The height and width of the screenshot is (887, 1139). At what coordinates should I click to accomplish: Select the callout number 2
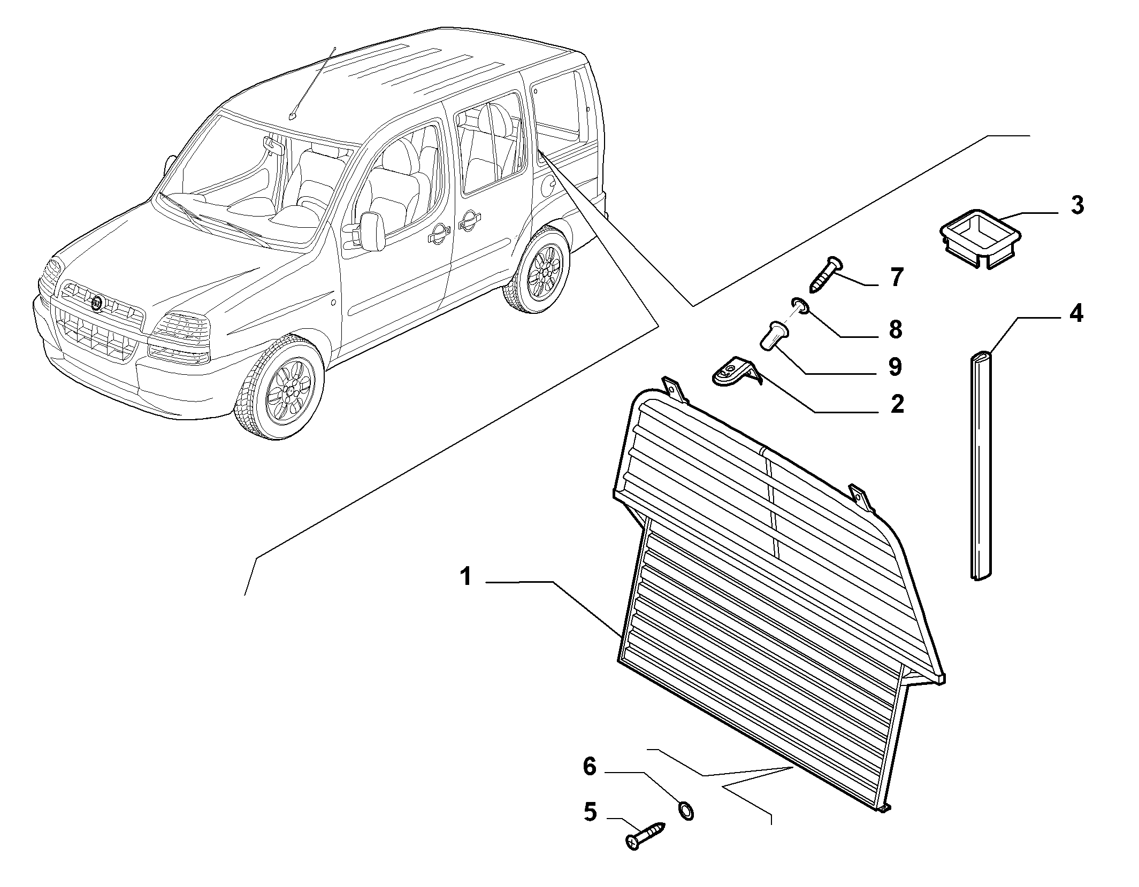(897, 404)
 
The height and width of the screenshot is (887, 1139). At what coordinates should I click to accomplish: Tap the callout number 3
(1077, 205)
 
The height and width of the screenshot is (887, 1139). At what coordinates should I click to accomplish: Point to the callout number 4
(1076, 313)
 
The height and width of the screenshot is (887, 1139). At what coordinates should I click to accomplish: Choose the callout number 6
(590, 766)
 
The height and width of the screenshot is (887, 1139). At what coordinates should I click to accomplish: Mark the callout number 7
(897, 277)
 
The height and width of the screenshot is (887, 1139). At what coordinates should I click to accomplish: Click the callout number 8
(896, 329)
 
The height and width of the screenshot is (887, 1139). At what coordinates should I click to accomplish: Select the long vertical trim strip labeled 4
(982, 466)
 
